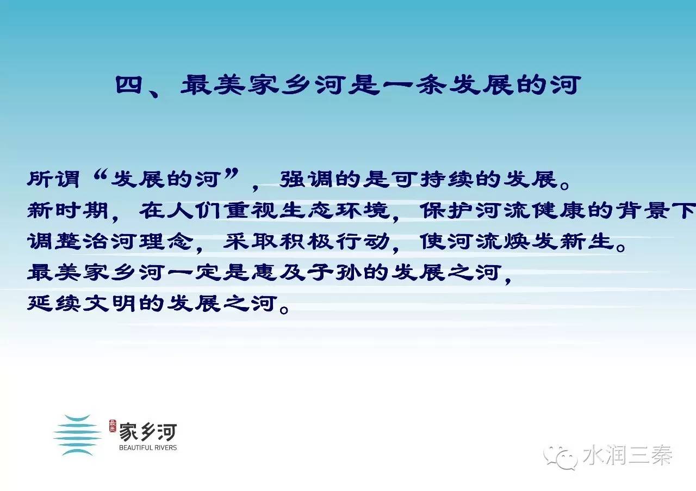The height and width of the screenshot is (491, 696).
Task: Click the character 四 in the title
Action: tap(129, 85)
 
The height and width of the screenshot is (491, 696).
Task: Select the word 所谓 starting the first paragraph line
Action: tap(53, 180)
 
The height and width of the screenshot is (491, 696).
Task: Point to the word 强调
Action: tap(306, 180)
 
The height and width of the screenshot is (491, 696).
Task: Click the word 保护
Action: tap(447, 211)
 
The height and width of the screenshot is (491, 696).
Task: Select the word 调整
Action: tap(54, 242)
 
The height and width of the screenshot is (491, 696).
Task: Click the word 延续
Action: tap(54, 303)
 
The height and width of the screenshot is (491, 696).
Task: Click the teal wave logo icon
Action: tap(77, 435)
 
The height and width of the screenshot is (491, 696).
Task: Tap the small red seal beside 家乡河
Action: tap(113, 426)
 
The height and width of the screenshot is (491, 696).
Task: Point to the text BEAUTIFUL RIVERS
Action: tap(148, 448)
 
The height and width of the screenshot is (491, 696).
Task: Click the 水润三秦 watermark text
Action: tap(627, 455)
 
